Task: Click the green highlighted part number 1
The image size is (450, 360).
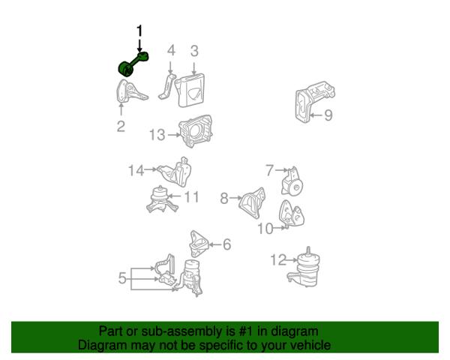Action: (x=133, y=64)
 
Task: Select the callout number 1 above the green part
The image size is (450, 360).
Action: (x=139, y=31)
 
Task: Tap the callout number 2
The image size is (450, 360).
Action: (x=121, y=126)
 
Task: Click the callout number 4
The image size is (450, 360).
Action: (x=171, y=50)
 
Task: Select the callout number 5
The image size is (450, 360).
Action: (x=122, y=278)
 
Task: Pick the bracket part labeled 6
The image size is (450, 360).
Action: (x=199, y=244)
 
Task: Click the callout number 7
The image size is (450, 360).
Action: (x=269, y=170)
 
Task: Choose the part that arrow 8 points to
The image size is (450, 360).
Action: (x=252, y=203)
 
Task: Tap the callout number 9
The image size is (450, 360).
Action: (x=328, y=115)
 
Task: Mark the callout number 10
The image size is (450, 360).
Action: (x=265, y=229)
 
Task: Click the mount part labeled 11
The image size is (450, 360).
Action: (x=162, y=199)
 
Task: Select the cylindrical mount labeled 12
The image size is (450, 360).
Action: (x=304, y=266)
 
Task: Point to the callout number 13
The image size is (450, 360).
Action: (x=157, y=135)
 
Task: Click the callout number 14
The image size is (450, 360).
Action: (x=136, y=170)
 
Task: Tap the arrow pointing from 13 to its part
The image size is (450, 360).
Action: (x=175, y=134)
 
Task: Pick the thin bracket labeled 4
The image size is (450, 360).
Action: (x=167, y=87)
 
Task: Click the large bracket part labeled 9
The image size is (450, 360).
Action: (x=315, y=102)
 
